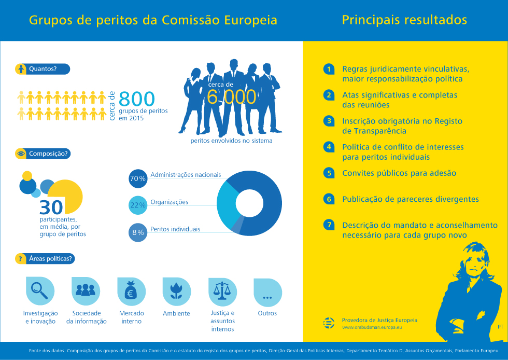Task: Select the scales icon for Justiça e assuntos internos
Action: [221, 292]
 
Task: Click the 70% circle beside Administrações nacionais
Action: [137, 178]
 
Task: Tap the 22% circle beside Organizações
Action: [137, 205]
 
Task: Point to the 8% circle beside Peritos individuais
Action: [137, 232]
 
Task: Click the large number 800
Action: [137, 99]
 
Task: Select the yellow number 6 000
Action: [231, 97]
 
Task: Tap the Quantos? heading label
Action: [43, 68]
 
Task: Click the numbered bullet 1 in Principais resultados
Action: [329, 69]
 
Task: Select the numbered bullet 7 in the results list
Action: [329, 225]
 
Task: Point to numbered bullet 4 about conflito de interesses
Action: [329, 147]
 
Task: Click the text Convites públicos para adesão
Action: [399, 173]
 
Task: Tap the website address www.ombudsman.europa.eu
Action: [372, 328]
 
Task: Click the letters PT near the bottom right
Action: [500, 327]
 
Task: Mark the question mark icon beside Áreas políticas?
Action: [20, 258]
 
